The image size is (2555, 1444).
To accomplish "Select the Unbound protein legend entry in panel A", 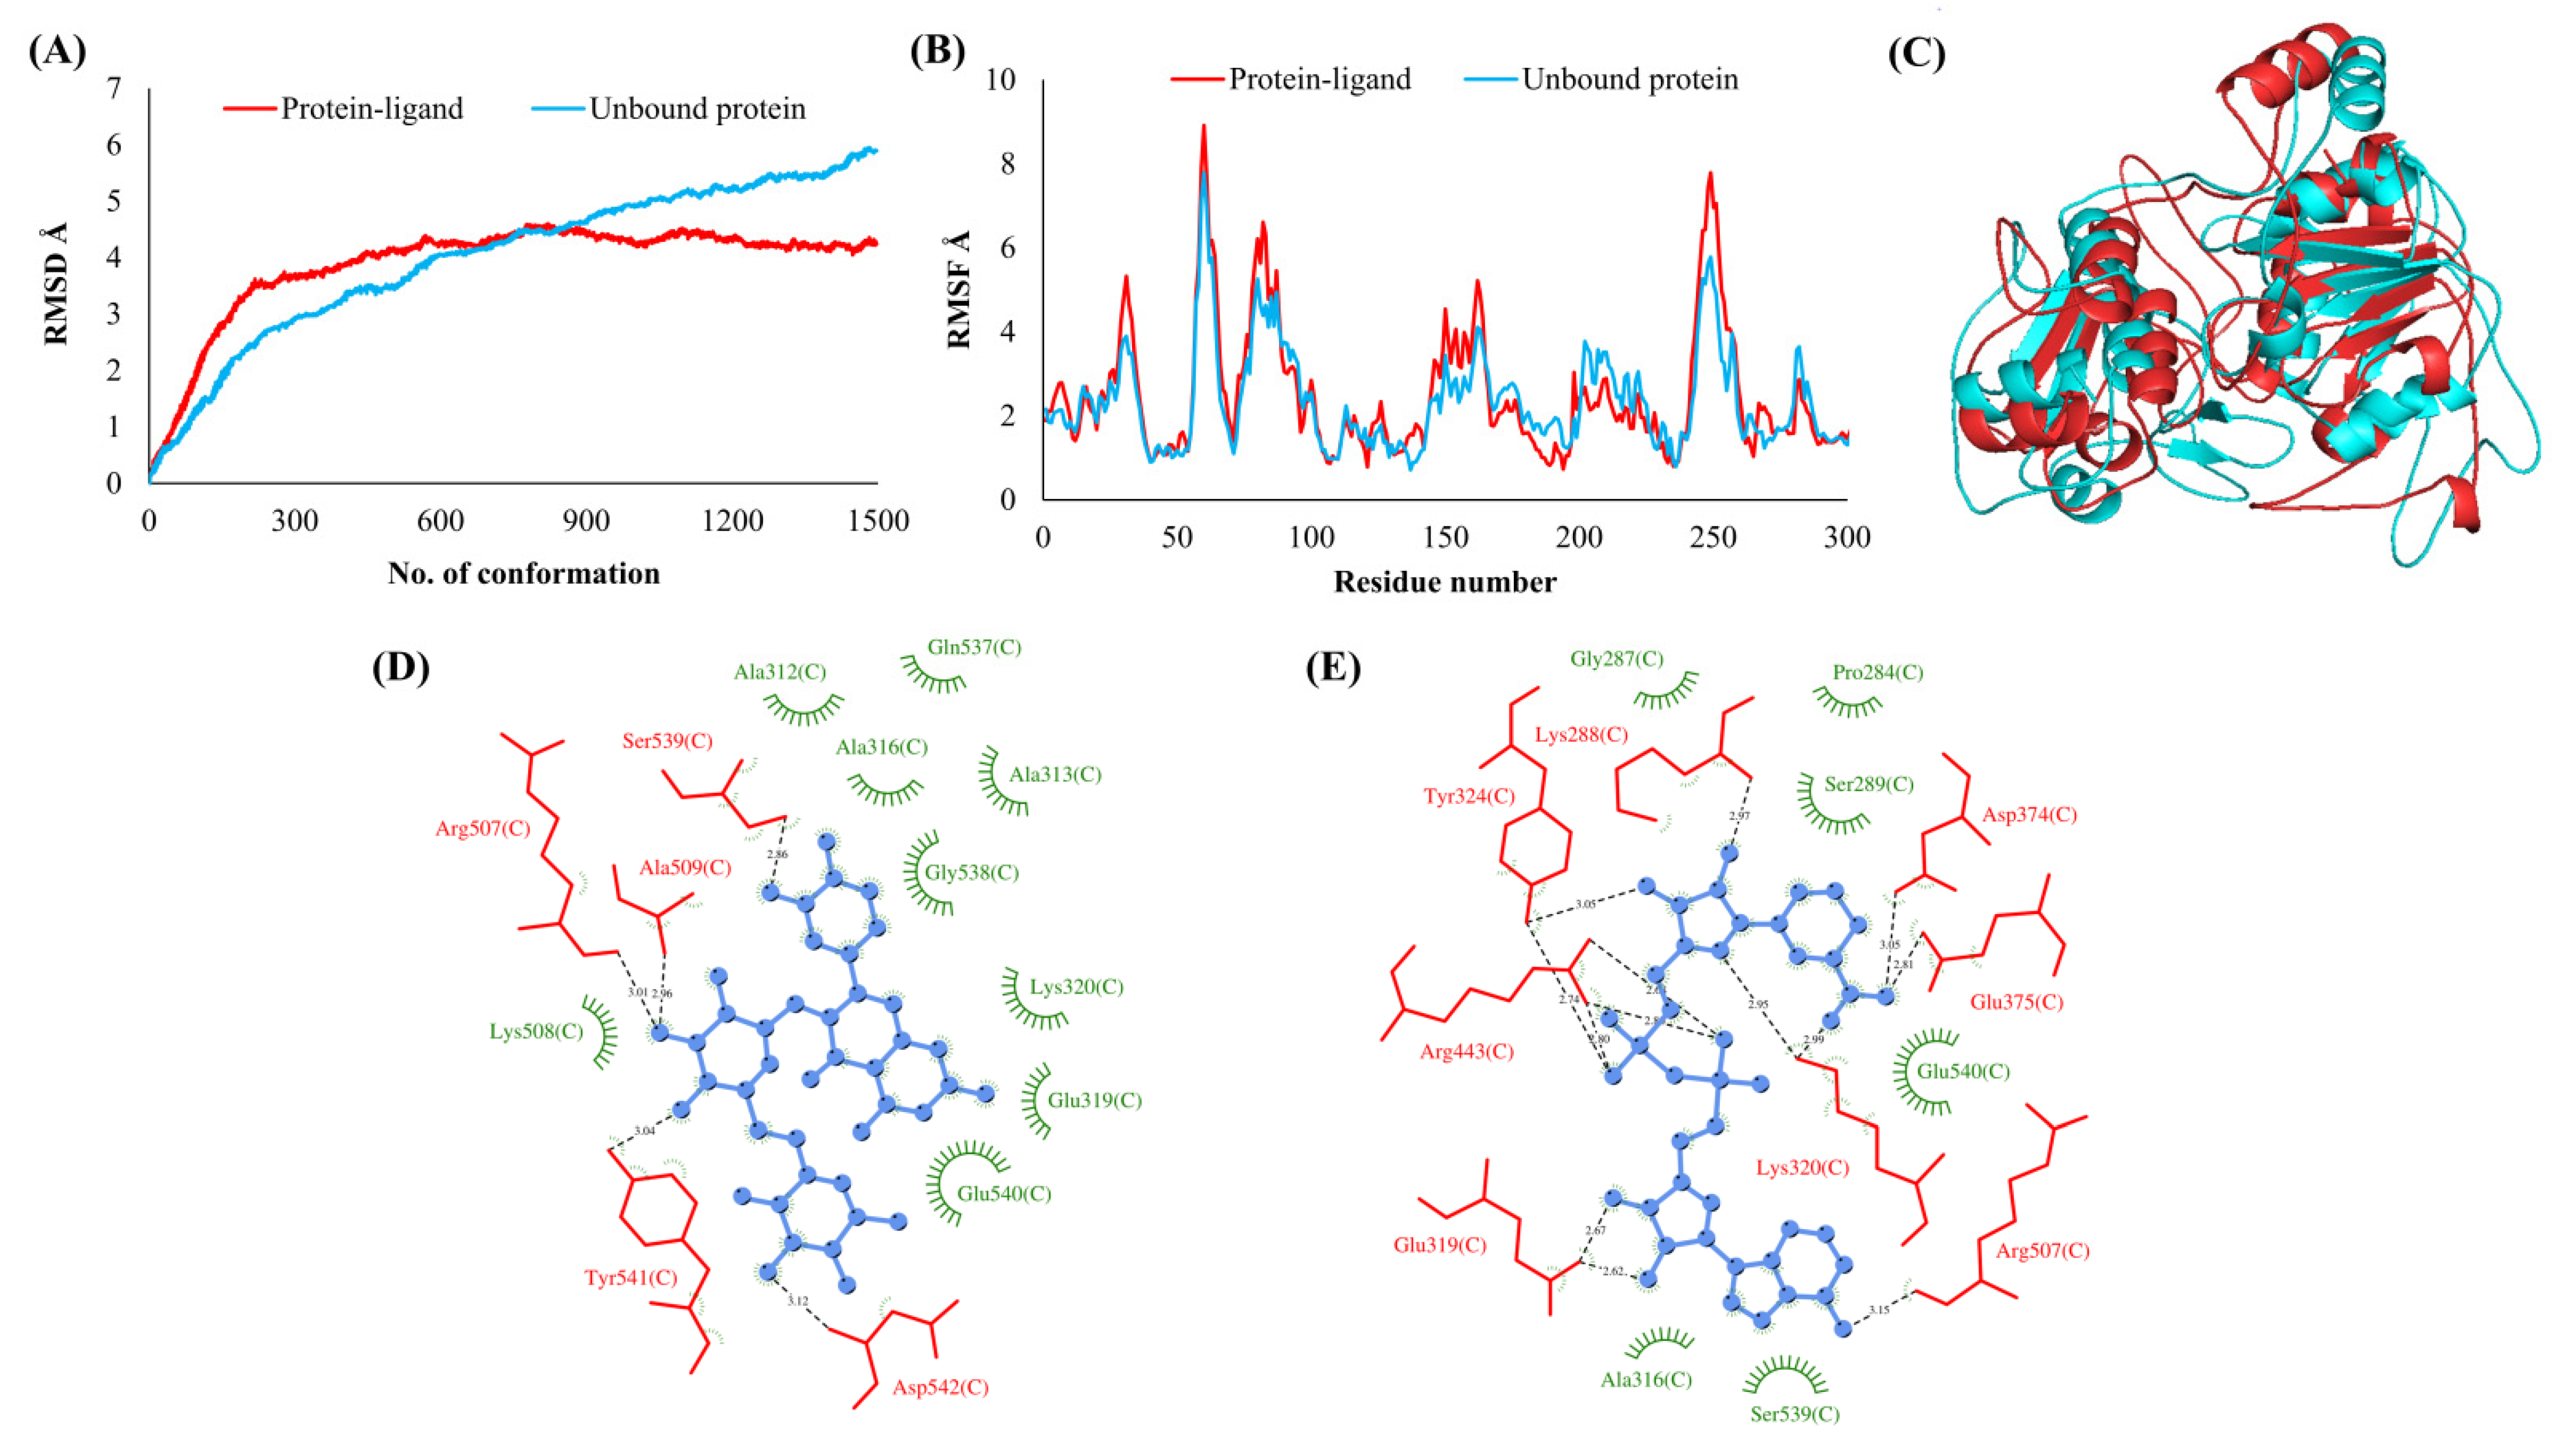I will (x=696, y=108).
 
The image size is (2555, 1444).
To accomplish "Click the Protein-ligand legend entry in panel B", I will (x=1319, y=79).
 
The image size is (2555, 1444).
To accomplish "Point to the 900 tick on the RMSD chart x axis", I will (x=586, y=521).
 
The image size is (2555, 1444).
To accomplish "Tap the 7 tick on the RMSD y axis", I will (x=114, y=89).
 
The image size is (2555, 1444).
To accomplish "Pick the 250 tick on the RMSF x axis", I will (x=1713, y=538).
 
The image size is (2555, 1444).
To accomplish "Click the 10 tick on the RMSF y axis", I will (x=1002, y=79).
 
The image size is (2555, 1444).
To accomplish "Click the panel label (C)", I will (x=1916, y=54).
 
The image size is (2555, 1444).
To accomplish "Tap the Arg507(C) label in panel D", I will (x=482, y=828).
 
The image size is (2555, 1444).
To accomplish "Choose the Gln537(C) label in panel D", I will (x=974, y=648).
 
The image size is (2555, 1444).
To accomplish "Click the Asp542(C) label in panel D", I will (x=940, y=1387).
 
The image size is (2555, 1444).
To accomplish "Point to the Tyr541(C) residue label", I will (x=631, y=1277).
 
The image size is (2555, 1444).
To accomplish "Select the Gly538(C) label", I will (x=972, y=872).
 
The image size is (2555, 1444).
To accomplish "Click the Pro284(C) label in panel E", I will (x=1877, y=672).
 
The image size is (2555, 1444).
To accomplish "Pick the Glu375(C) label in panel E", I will (x=2016, y=1002).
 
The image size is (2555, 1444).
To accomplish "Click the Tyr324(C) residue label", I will (x=1469, y=795).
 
